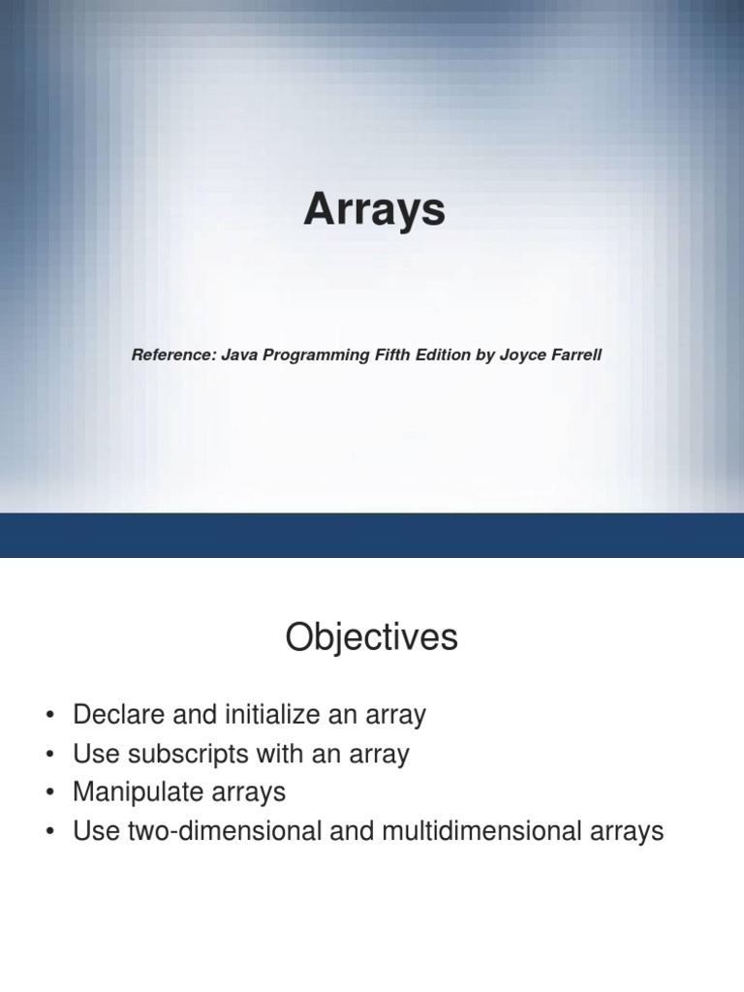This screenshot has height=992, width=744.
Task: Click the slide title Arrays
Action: (x=374, y=210)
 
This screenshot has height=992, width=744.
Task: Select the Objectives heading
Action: (x=371, y=638)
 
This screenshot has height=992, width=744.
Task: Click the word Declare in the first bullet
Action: (x=112, y=716)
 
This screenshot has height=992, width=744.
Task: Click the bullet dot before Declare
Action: (x=49, y=717)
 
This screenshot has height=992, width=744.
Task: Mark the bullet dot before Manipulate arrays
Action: (x=49, y=793)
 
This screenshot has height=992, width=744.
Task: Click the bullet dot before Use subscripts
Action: (x=49, y=756)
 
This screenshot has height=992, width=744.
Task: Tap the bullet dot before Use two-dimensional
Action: (x=49, y=832)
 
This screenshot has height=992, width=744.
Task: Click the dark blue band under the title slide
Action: (x=372, y=535)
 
